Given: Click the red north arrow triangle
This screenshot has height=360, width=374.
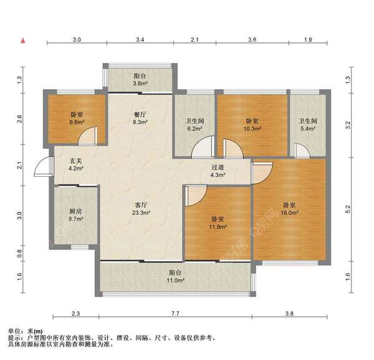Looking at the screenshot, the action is coord(23,40).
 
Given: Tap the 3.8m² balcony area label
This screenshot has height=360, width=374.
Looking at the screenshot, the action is coord(140,80).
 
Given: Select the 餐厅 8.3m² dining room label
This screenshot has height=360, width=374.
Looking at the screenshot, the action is coord(140,118).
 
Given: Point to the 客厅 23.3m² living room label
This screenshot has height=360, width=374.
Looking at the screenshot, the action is coord(141,209).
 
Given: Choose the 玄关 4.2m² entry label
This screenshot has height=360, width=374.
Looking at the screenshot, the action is coord(76,165).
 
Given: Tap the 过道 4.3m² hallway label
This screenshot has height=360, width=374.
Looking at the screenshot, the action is coord(218,171).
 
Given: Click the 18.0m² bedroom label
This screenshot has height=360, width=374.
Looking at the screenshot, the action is coord(290,209).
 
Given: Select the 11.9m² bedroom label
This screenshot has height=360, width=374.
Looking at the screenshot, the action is coord(218,223).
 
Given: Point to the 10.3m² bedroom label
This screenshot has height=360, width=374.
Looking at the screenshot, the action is coord(252,125).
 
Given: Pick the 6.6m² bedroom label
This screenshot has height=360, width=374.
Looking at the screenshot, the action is coord(77,118).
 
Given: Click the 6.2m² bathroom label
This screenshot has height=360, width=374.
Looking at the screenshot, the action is coord(195,125).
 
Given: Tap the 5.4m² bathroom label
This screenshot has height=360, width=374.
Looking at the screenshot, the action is coord(308,125).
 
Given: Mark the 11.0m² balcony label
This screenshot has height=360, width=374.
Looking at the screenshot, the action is coord(176,277).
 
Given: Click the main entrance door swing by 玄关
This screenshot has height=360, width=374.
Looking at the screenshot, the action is coord(43,166).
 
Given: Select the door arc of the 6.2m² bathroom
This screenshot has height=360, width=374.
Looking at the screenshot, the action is coord(203,147).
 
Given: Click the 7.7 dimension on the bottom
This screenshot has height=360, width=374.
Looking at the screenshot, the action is coord(175,313).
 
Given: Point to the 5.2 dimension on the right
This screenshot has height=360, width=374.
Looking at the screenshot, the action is coord(348,209).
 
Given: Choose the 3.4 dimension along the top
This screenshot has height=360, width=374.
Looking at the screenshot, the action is coord(140,39).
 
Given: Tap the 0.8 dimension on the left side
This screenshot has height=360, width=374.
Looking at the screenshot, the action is coord(19,253).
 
